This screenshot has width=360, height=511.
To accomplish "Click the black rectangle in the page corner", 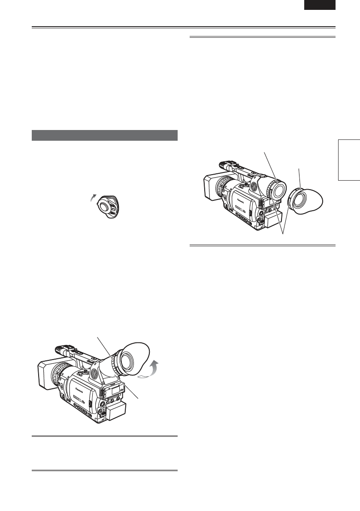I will click(x=320, y=5).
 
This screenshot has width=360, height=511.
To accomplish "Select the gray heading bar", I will click(x=105, y=135).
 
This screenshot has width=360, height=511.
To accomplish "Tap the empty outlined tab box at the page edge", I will click(x=348, y=160).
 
